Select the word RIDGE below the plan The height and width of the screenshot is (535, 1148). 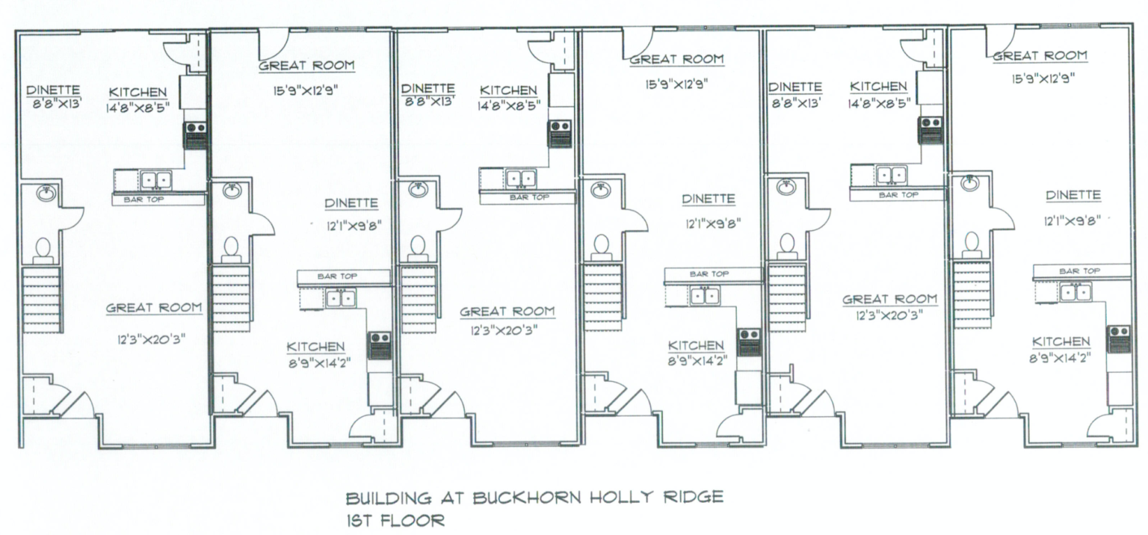pyautogui.click(x=694, y=498)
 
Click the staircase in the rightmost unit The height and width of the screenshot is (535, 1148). pyautogui.click(x=972, y=294)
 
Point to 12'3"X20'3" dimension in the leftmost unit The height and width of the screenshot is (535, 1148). pyautogui.click(x=154, y=338)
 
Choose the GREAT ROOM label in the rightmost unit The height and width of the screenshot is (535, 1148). pyautogui.click(x=1039, y=56)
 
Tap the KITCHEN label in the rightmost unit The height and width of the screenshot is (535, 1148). pyautogui.click(x=1060, y=341)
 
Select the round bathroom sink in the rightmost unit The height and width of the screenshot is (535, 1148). pyautogui.click(x=970, y=182)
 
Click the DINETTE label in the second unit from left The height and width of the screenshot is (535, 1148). pyautogui.click(x=351, y=203)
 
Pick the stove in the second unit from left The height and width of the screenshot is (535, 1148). pyautogui.click(x=380, y=346)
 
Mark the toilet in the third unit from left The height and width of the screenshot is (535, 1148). pyautogui.click(x=417, y=245)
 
